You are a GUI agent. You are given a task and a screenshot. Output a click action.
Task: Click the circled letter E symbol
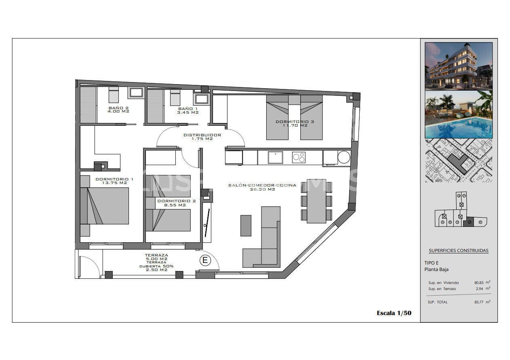205,260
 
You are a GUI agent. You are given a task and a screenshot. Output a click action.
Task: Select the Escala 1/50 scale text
394,313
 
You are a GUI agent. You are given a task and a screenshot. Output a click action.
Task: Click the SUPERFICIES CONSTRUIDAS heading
458,250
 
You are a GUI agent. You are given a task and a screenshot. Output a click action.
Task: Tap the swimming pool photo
459,114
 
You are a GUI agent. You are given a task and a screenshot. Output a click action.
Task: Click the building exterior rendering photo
459,66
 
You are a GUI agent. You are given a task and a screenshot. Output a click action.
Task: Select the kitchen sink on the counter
276,157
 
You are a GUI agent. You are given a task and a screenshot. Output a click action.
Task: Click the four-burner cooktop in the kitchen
299,157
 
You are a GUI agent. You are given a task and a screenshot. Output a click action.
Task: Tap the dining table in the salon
316,201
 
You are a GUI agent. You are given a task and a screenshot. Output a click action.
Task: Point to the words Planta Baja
436,269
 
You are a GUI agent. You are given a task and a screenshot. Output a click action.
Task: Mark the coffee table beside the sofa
246,225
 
